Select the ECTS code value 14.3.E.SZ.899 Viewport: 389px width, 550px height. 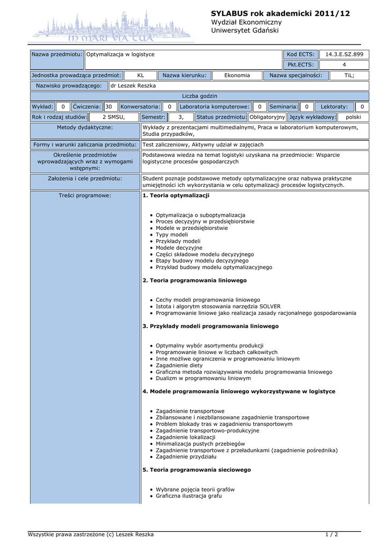coord(344,54)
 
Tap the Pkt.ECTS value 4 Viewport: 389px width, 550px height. coord(344,65)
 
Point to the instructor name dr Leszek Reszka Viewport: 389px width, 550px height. coord(133,86)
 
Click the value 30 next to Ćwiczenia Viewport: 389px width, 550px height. coord(109,107)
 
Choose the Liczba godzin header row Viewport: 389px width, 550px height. coord(200,96)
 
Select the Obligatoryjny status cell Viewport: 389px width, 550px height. coord(267,117)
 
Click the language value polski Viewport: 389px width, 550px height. coord(353,117)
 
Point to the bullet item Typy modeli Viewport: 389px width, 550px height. coord(172,235)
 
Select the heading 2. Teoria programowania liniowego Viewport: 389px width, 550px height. coord(194,280)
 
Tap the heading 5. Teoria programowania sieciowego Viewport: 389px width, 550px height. coord(196,470)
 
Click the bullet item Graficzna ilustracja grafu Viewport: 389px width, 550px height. coord(188,496)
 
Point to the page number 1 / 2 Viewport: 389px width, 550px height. coord(332,534)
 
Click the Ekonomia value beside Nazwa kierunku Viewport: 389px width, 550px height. coord(237,76)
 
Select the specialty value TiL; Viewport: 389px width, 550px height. coord(349,76)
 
